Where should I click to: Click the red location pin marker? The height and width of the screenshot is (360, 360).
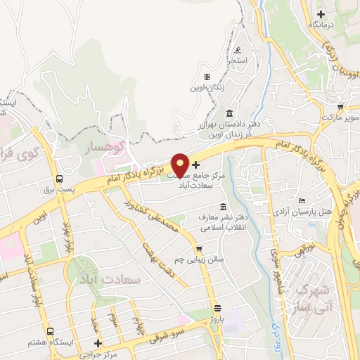point(180,165)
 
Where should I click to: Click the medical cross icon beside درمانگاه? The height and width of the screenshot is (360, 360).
point(321,13)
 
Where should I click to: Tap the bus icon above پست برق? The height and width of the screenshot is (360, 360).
point(60,179)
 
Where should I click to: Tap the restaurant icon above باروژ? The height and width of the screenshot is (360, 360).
point(217,308)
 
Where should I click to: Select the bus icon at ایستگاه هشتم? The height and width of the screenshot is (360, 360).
point(49,331)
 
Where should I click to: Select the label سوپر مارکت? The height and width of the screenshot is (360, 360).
point(340,117)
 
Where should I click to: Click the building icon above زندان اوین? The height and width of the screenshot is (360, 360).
point(207,77)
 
